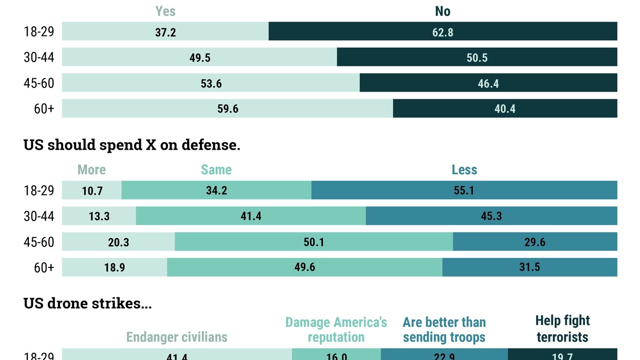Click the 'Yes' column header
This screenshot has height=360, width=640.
point(166,11)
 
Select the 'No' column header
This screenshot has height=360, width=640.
point(443,11)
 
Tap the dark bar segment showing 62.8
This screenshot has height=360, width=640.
point(443,31)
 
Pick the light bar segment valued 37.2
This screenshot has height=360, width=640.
point(166,31)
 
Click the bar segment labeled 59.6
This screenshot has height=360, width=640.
point(228,109)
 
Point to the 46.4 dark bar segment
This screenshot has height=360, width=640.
point(488,83)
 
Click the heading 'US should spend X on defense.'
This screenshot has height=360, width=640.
point(132,145)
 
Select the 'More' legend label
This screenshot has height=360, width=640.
point(92,170)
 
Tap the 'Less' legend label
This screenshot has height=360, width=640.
point(464,170)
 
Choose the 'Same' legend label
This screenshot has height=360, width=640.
point(216,170)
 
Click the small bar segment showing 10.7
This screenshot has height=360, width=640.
point(92,190)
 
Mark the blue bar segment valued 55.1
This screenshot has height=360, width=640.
point(464,190)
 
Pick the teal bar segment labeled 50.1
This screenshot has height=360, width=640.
point(314,242)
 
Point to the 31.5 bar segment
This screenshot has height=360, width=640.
point(529,267)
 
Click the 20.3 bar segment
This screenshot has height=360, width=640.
point(118,242)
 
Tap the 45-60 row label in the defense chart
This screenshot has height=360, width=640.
point(39,242)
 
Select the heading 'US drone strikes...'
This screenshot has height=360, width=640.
point(87,303)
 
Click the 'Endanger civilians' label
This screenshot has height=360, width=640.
point(177,337)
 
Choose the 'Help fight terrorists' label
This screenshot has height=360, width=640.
point(562,329)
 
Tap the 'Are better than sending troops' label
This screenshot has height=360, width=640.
point(444,330)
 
